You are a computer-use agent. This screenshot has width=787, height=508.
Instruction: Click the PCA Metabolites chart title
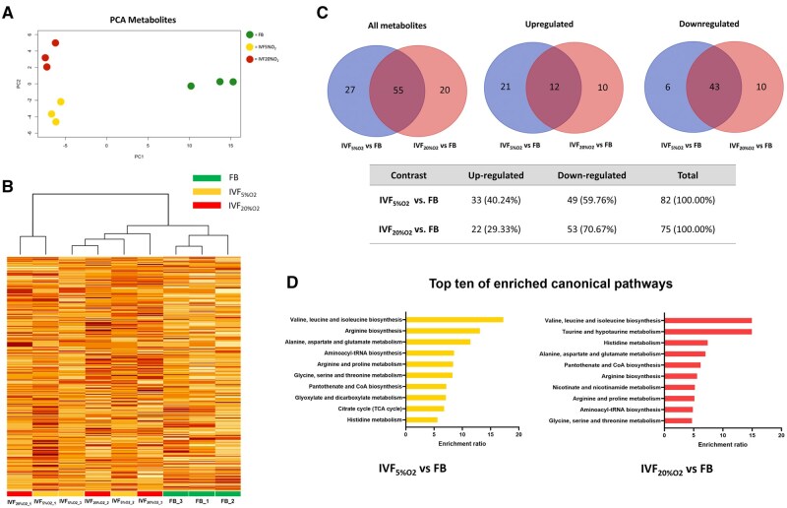click(136, 18)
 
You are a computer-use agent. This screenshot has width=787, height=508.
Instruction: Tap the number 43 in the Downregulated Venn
click(706, 89)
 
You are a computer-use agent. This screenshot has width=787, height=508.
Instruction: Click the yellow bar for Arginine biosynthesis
click(443, 330)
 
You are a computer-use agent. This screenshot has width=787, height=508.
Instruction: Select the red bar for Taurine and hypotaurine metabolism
click(708, 332)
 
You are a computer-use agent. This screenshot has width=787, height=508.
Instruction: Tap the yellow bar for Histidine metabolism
click(421, 419)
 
